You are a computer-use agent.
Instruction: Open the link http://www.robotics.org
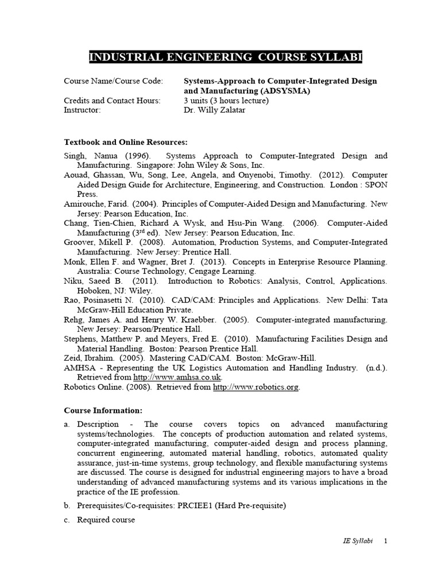point(256,387)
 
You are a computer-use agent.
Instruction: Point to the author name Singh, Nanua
point(88,156)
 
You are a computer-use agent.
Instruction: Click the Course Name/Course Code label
point(113,81)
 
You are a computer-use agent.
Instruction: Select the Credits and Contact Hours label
point(112,100)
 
